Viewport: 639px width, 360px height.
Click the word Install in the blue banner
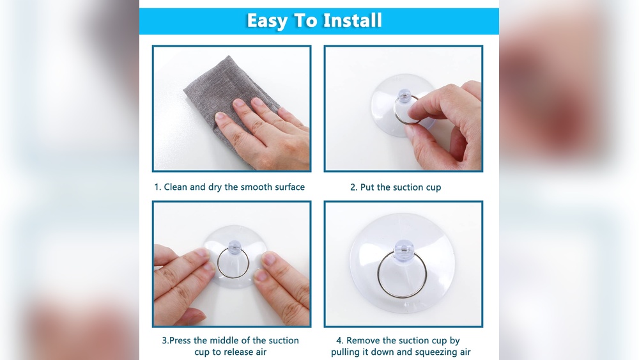point(352,20)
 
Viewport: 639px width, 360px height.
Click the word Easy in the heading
point(267,20)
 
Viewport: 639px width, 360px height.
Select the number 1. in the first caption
point(157,187)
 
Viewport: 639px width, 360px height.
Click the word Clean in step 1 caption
point(176,187)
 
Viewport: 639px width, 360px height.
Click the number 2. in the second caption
point(353,187)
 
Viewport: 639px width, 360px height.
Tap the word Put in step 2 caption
point(367,187)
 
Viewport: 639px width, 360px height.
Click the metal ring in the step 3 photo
point(233,263)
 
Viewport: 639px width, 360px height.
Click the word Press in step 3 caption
point(181,341)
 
